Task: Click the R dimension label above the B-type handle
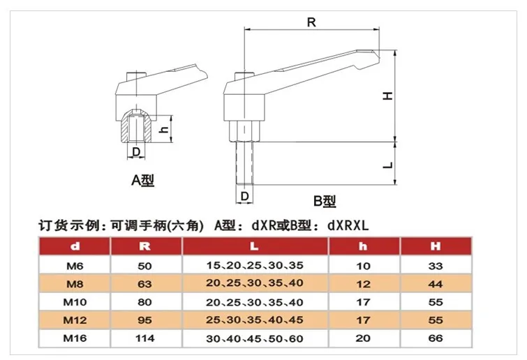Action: pos(311,22)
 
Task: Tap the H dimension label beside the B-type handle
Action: pos(388,96)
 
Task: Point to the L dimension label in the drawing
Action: pos(388,165)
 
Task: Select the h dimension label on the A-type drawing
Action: pos(164,129)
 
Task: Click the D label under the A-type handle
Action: pos(136,152)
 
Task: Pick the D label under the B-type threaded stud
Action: pos(245,196)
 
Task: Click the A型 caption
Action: pos(142,180)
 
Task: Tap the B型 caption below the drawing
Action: pos(325,201)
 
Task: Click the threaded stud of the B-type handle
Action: pos(244,163)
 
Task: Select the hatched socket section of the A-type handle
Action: pos(136,126)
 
